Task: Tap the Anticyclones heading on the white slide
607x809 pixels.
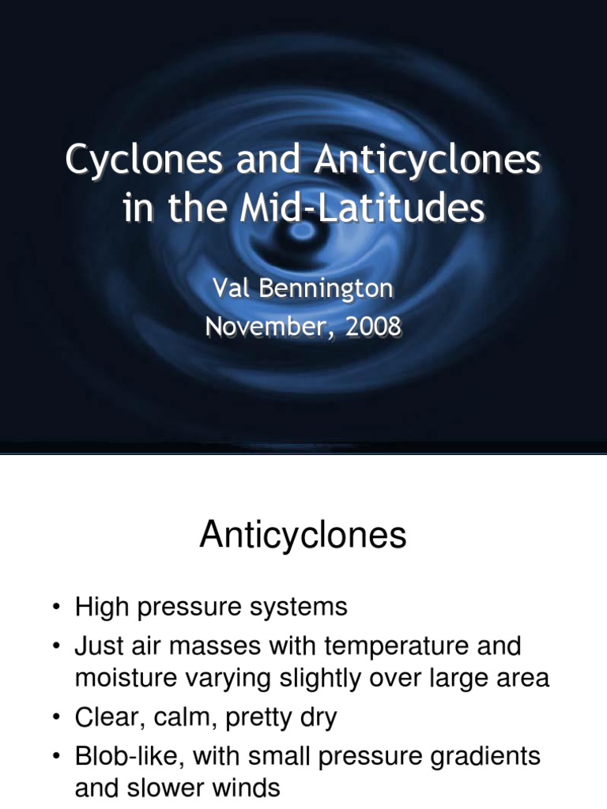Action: pyautogui.click(x=303, y=536)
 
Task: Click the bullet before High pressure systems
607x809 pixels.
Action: pyautogui.click(x=56, y=608)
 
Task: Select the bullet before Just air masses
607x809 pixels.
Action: pyautogui.click(x=56, y=647)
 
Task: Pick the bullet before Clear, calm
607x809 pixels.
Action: pyautogui.click(x=56, y=718)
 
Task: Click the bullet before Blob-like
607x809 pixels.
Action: pyautogui.click(x=56, y=757)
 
